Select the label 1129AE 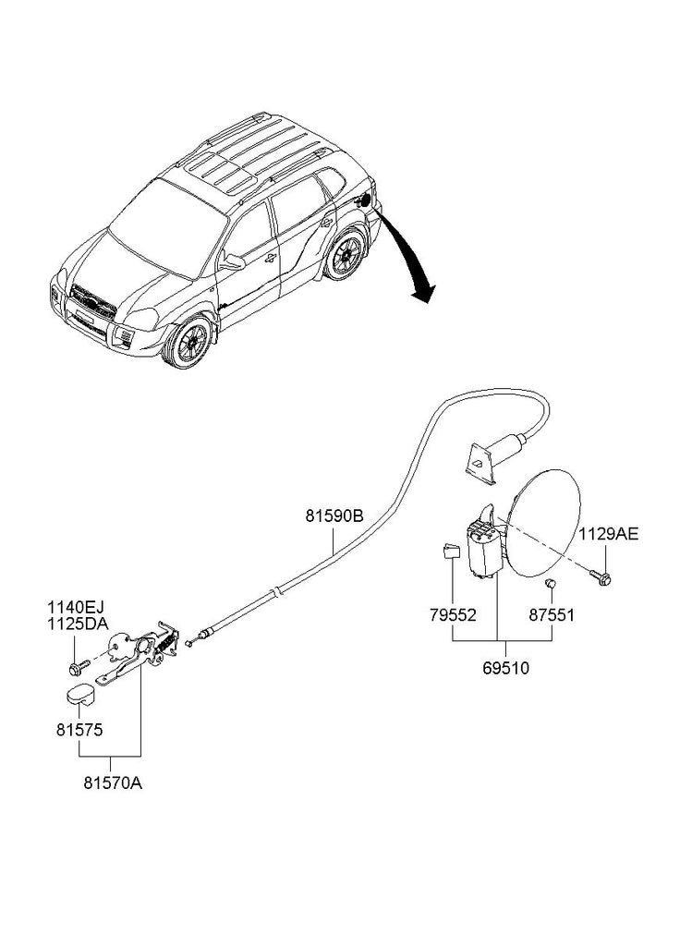coord(608,534)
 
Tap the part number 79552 coord(454,613)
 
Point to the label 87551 coord(552,613)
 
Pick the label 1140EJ coord(76,607)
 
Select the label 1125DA coord(77,624)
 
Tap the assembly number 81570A coord(113,782)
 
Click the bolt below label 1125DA coord(76,664)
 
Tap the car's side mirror coord(233,261)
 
